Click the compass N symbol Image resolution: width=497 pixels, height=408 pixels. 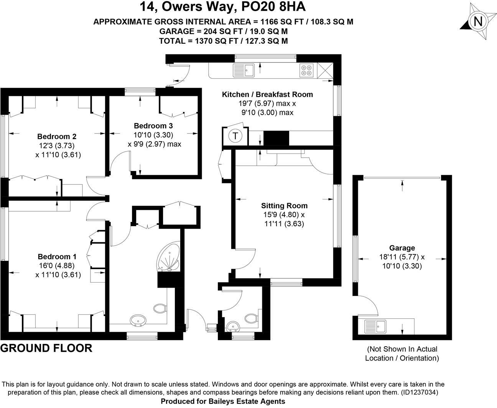click(x=477, y=21)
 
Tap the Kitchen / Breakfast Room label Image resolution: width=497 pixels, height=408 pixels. click(x=267, y=94)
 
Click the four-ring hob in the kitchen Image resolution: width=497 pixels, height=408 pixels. click(x=307, y=70)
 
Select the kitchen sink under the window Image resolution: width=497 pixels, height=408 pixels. click(x=244, y=70)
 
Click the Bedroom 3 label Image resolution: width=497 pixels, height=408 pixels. click(x=153, y=126)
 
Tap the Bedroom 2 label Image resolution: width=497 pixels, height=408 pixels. click(x=57, y=137)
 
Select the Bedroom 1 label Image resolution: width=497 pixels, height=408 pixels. click(x=57, y=257)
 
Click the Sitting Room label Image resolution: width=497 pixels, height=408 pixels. click(x=284, y=206)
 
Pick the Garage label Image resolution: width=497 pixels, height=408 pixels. click(x=402, y=248)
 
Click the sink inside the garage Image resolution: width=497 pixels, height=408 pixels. click(x=376, y=326)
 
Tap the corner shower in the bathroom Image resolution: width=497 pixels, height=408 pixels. click(x=169, y=257)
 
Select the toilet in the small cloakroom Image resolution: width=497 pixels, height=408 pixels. click(x=251, y=318)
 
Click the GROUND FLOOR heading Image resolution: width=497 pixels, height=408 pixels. click(x=46, y=348)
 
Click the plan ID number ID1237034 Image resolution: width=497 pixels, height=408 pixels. click(x=419, y=393)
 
